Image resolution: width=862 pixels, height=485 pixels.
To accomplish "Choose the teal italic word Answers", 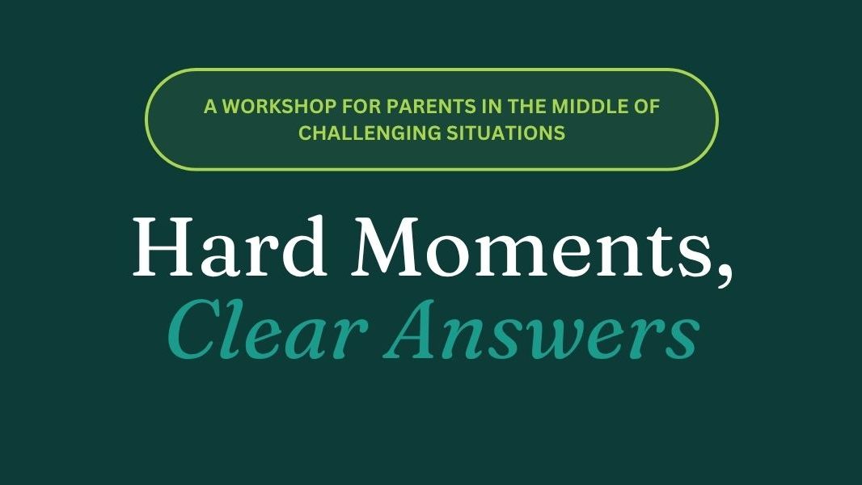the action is click(x=542, y=329).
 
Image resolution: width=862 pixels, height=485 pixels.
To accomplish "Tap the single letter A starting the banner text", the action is click(x=210, y=106).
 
